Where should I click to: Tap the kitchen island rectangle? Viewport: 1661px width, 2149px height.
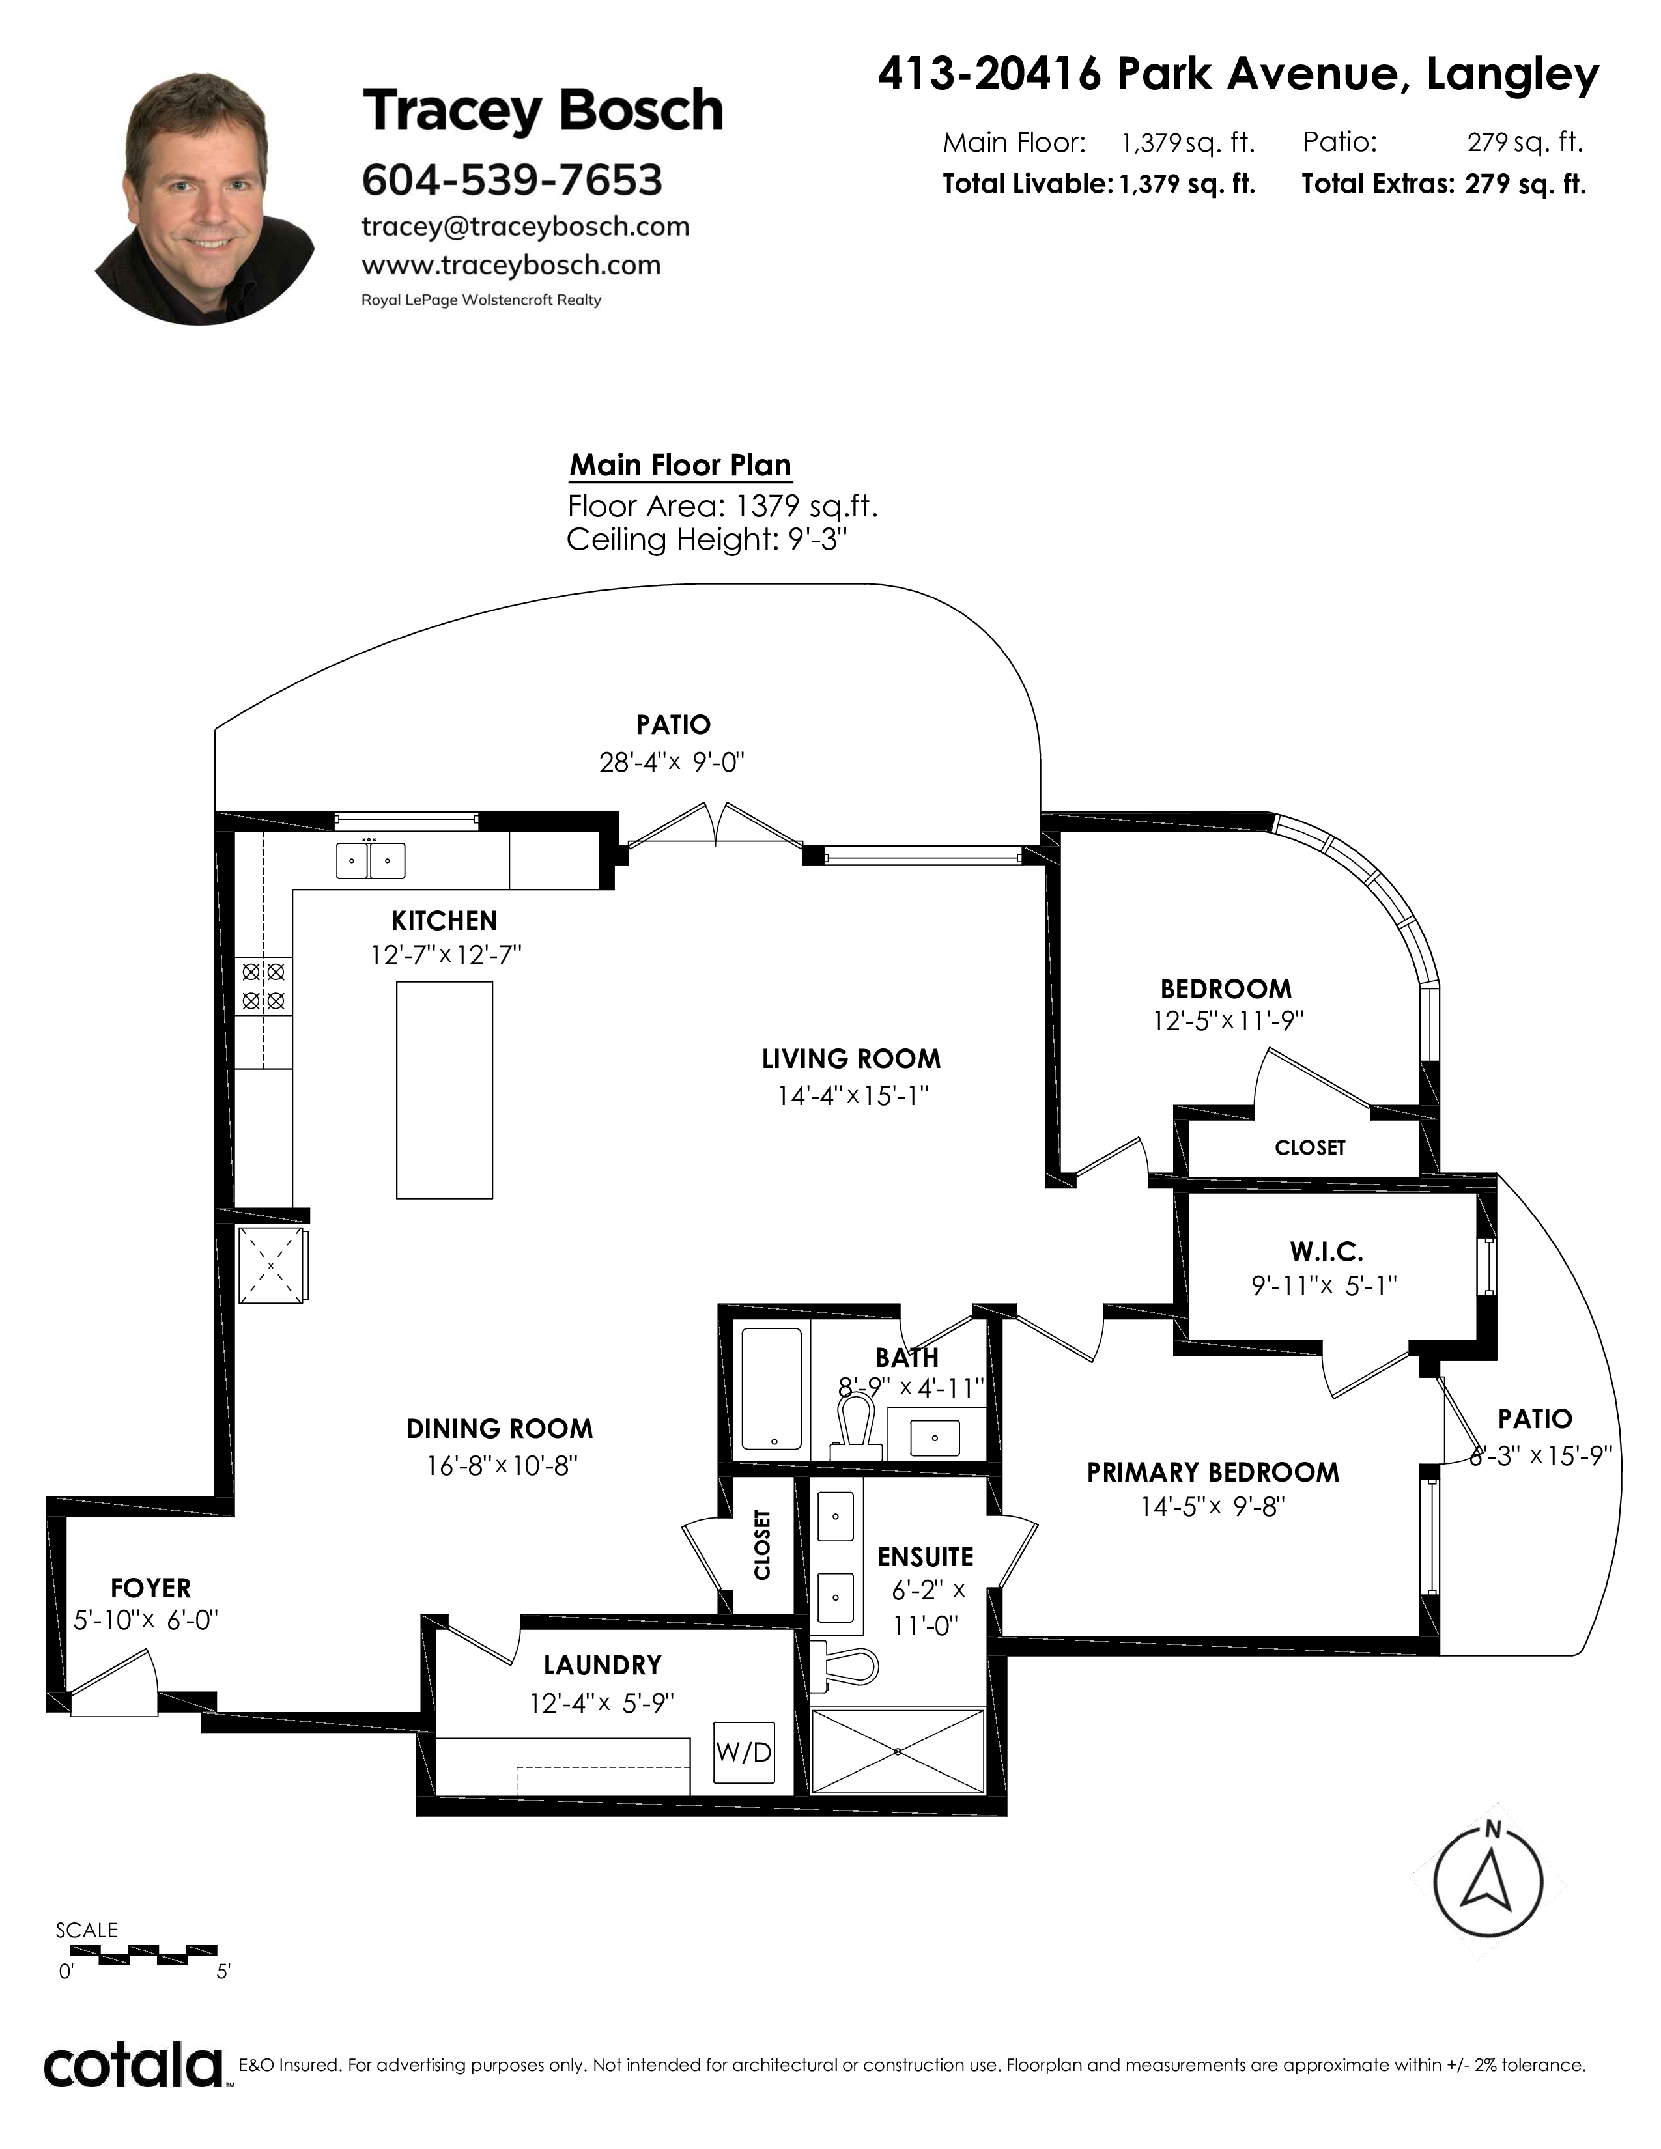444,1089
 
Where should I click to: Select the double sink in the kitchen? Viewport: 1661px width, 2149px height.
370,861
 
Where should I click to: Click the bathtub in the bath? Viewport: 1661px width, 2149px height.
771,1390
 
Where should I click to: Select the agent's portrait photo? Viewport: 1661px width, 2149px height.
205,199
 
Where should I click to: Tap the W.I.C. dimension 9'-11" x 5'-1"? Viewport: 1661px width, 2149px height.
1324,1285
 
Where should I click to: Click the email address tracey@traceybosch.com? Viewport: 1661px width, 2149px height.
526,227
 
